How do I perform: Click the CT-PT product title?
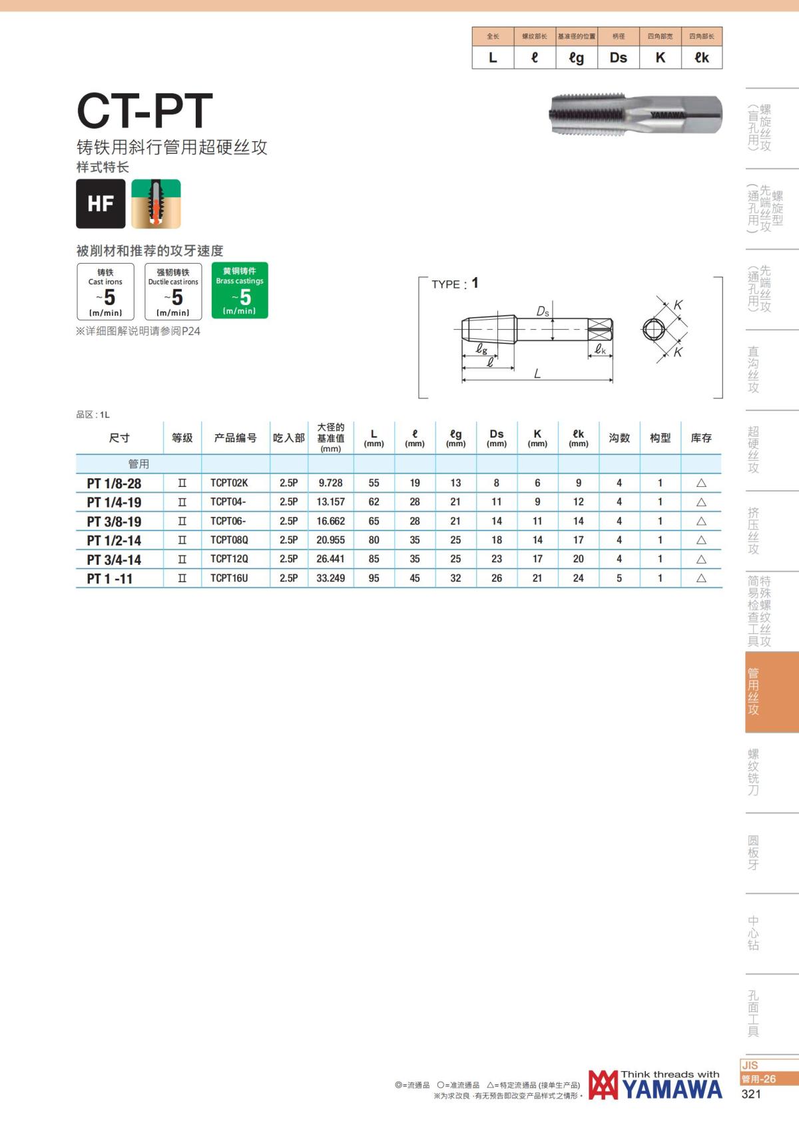(144, 110)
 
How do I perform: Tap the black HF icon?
(101, 203)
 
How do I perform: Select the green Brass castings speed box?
(240, 290)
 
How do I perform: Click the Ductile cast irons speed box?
(173, 291)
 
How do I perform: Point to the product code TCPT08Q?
(229, 540)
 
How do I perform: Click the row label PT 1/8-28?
(114, 483)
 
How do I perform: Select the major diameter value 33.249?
(331, 578)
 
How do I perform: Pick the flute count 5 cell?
(619, 578)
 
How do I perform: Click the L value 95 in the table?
(374, 578)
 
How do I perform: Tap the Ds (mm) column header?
(497, 438)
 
